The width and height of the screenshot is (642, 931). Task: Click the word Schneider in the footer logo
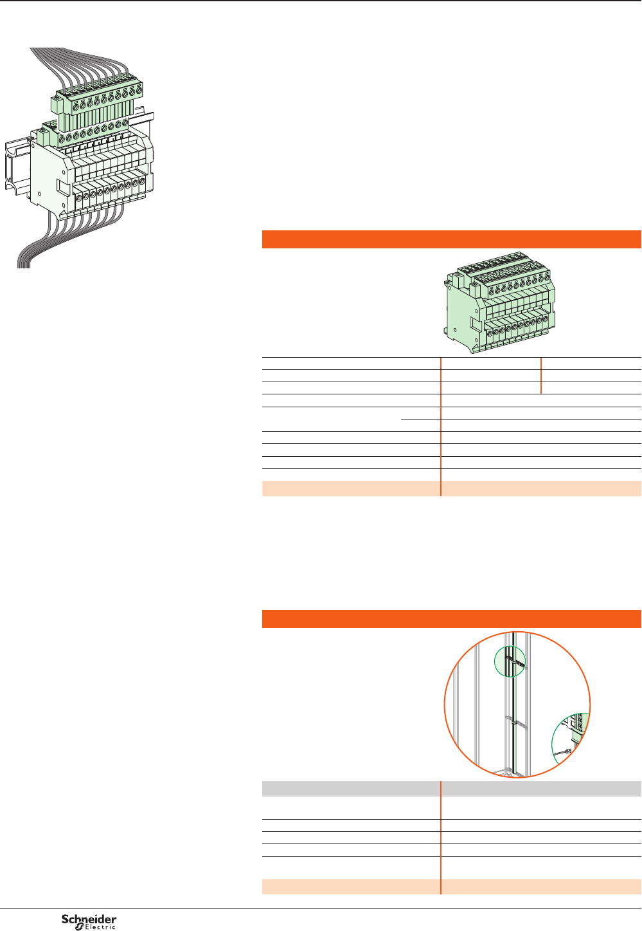point(89,919)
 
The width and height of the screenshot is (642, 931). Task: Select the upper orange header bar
point(452,239)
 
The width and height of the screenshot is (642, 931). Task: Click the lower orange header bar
point(452,619)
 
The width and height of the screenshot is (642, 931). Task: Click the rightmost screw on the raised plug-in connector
point(138,90)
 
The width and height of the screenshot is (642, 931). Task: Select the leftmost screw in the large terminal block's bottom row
point(79,198)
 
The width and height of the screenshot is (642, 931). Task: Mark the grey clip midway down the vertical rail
point(514,722)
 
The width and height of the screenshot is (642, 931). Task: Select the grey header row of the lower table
point(452,788)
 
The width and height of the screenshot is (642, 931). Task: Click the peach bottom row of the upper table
point(452,488)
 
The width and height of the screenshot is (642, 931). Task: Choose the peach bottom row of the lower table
point(452,887)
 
